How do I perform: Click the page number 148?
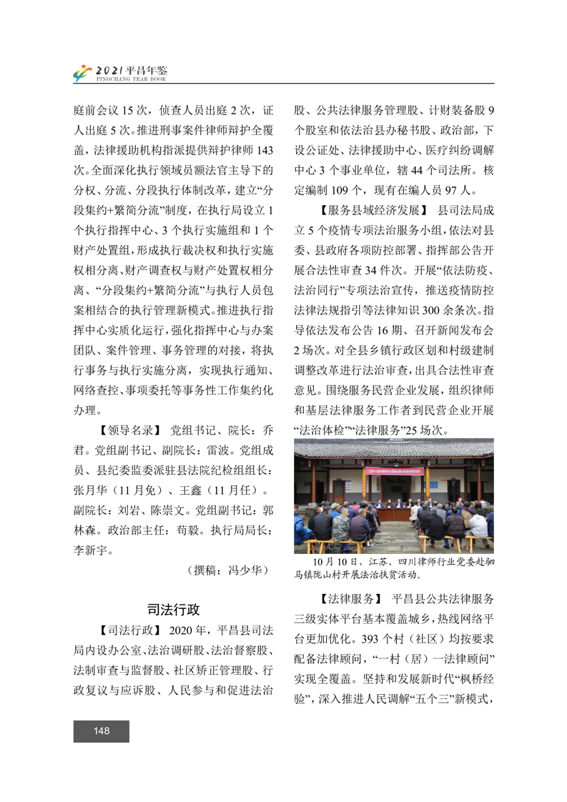coord(101,731)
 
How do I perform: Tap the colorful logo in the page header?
coord(83,73)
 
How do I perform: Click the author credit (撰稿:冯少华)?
coord(227,570)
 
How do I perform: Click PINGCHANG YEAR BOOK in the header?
coord(132,79)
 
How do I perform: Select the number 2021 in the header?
coord(109,69)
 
